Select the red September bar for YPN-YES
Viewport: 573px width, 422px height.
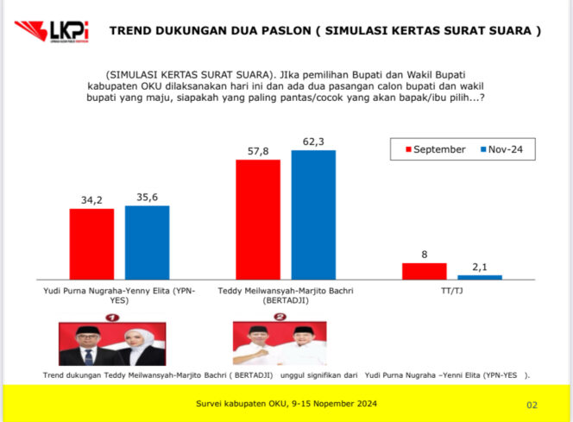pyautogui.click(x=91, y=243)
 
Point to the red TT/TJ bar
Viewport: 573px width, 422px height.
pyautogui.click(x=424, y=270)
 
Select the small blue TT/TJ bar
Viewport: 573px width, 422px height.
pyautogui.click(x=480, y=276)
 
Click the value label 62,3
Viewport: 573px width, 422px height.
pyautogui.click(x=312, y=141)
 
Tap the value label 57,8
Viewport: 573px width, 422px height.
pyautogui.click(x=257, y=150)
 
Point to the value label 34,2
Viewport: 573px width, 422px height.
pyautogui.click(x=91, y=199)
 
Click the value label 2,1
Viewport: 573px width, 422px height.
pyautogui.click(x=480, y=266)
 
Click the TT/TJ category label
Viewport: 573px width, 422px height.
pyautogui.click(x=451, y=290)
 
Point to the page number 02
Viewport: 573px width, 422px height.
pyautogui.click(x=532, y=404)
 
